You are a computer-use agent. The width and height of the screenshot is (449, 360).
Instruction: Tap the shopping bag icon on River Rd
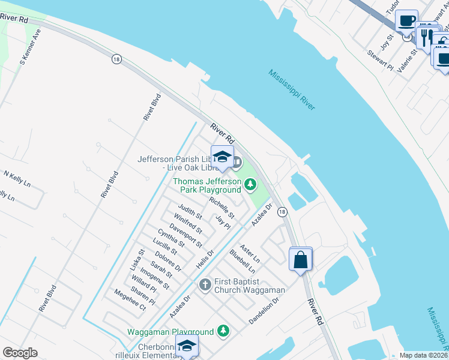point(301,260)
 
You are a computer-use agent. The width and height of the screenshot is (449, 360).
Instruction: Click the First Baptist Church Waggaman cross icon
point(205,284)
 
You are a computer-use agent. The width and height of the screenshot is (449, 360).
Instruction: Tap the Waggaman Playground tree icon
point(223,331)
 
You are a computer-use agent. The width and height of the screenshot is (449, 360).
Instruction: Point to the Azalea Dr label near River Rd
point(262,214)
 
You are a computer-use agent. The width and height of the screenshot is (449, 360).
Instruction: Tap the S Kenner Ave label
point(30,46)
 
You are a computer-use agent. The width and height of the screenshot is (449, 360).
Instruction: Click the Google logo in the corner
point(20,353)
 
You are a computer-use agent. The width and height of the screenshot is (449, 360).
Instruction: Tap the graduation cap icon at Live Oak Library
point(222,157)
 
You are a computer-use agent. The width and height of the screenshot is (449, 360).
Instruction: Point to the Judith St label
point(190,211)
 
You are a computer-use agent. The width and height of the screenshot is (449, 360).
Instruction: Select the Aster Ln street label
point(249,254)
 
